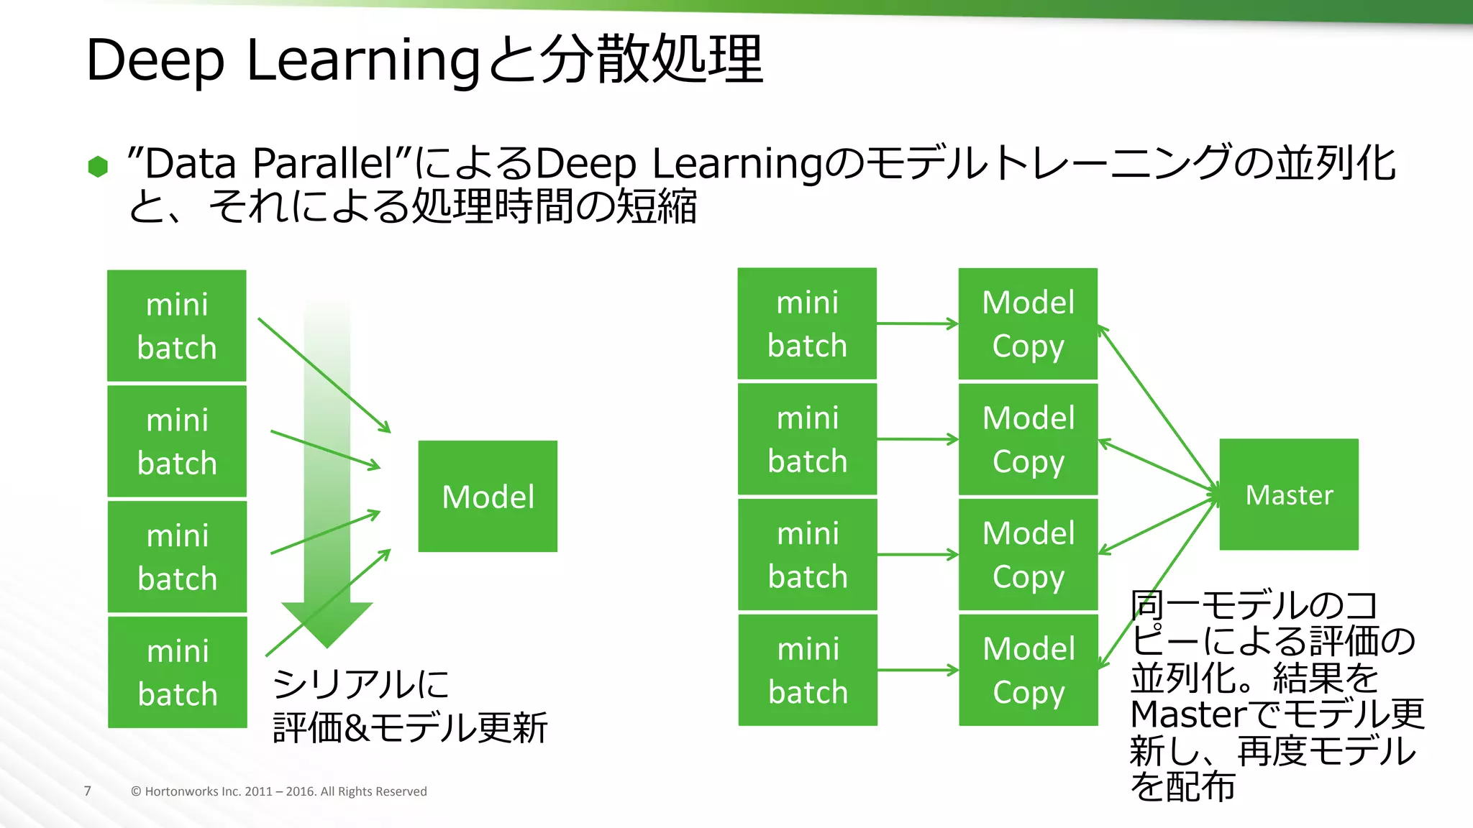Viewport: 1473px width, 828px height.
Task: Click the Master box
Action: pyautogui.click(x=1288, y=494)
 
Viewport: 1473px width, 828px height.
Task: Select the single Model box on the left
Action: pyautogui.click(x=488, y=496)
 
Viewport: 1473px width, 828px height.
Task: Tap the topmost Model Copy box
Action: pyautogui.click(x=1028, y=323)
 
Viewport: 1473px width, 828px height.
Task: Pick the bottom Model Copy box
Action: pyautogui.click(x=1028, y=670)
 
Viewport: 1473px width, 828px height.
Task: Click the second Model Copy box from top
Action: pyautogui.click(x=1028, y=439)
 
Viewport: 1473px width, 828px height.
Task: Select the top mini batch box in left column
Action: pyautogui.click(x=177, y=326)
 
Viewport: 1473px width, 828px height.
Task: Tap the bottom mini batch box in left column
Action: pyautogui.click(x=178, y=672)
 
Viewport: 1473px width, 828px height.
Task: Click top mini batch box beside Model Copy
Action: pyautogui.click(x=807, y=323)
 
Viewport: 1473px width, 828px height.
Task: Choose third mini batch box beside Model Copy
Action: pyautogui.click(x=807, y=554)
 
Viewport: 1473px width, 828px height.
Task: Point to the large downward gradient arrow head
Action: pyautogui.click(x=327, y=622)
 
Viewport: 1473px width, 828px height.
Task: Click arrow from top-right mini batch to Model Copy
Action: pyautogui.click(x=917, y=323)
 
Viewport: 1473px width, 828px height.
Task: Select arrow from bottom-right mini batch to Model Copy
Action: pyautogui.click(x=917, y=670)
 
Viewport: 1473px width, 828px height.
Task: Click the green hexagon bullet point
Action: pyautogui.click(x=98, y=166)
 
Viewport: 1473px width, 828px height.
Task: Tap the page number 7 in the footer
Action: pyautogui.click(x=88, y=791)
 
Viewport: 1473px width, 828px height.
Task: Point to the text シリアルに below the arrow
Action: pyautogui.click(x=360, y=684)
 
